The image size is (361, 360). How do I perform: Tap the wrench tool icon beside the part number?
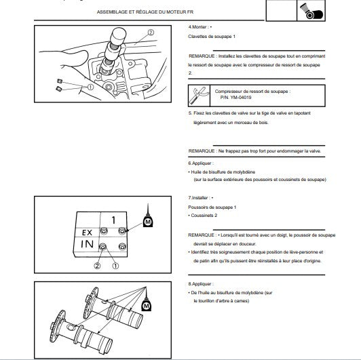point(199,96)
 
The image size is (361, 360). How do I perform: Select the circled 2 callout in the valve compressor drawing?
point(151,33)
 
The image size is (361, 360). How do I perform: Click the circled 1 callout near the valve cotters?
point(90,87)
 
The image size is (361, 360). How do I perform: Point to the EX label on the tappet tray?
point(87,233)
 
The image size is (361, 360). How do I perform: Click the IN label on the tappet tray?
point(88,244)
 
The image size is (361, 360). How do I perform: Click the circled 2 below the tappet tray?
point(97,266)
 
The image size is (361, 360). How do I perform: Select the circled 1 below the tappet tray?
point(115,266)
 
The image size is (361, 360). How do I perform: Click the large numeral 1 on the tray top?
point(113,220)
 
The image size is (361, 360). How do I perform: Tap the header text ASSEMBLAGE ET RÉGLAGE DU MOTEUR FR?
point(145,12)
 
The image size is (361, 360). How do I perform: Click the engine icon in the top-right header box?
point(311,12)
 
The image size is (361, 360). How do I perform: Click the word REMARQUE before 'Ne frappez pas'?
point(202,151)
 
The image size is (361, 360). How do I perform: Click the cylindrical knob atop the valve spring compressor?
point(119,35)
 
